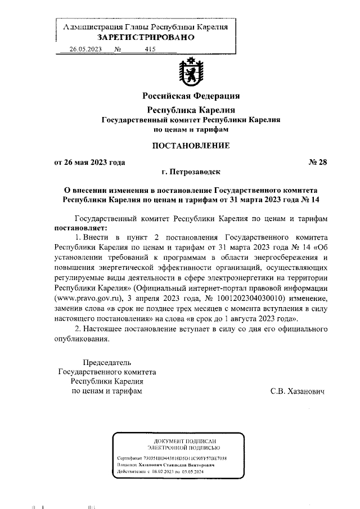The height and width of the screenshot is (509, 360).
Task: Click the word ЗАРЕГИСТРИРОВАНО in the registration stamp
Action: coord(146,38)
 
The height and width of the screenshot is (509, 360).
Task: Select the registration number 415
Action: coord(150,49)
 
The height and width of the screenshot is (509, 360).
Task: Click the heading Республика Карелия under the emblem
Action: coord(190,109)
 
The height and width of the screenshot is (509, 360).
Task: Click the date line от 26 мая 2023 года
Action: coord(89,163)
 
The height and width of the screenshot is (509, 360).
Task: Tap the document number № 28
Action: coord(317,163)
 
